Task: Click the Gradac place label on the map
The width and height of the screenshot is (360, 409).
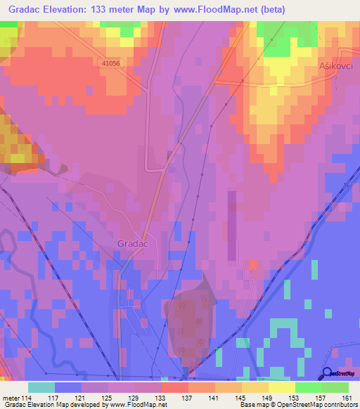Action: (132, 243)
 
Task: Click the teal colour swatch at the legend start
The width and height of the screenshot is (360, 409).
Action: (41, 387)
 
